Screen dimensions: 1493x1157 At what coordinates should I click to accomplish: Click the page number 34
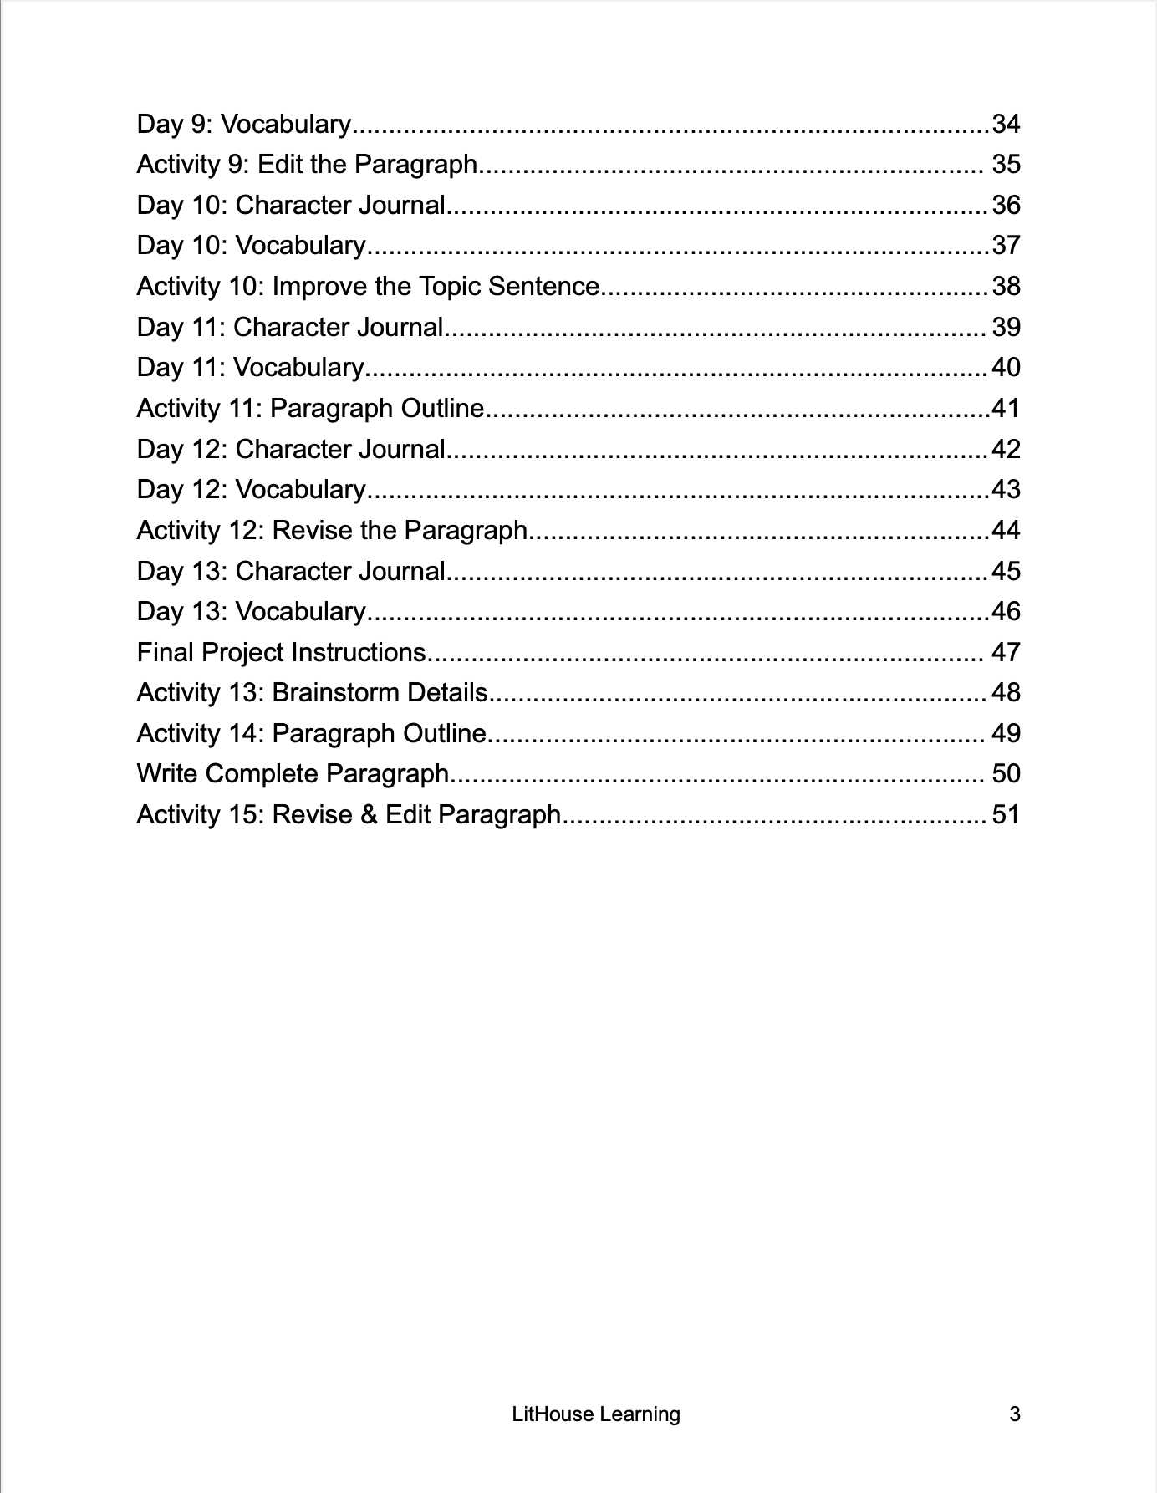(1006, 124)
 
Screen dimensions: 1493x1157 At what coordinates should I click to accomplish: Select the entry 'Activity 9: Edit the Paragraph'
(307, 164)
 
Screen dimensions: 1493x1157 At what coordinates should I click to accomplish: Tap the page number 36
(1006, 205)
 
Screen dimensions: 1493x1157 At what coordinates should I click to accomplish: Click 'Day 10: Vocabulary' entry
(251, 245)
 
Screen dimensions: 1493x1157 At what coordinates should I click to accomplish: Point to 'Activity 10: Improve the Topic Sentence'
(368, 286)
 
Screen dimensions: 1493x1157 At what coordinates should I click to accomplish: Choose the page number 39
(1006, 327)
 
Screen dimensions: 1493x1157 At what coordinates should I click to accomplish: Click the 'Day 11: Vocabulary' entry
(250, 367)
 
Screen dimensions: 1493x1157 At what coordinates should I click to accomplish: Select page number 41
(1006, 408)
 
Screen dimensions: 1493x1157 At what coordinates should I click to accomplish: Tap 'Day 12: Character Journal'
(291, 449)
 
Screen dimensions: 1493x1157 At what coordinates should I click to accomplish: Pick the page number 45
(1006, 571)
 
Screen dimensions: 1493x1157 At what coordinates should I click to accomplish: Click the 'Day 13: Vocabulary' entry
(251, 611)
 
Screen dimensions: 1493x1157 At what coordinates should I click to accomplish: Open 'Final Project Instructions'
(282, 652)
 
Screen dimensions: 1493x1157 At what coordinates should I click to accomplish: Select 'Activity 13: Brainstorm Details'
(312, 692)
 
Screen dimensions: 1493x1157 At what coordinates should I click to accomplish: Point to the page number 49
(1006, 733)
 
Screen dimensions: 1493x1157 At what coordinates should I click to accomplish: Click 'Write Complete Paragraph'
(293, 773)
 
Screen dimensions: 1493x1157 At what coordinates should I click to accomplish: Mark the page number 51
(1006, 814)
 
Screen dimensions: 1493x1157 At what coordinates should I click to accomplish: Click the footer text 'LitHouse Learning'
(596, 1414)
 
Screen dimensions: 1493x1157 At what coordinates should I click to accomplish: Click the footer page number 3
(1015, 1414)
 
